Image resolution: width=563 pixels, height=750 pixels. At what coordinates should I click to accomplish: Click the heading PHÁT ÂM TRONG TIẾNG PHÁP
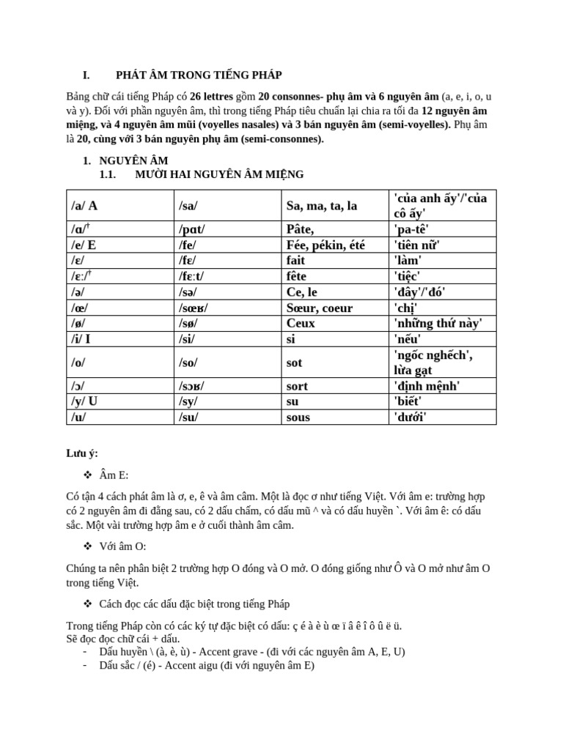pyautogui.click(x=199, y=75)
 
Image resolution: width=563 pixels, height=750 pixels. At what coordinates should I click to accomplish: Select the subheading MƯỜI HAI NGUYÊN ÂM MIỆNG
pyautogui.click(x=219, y=174)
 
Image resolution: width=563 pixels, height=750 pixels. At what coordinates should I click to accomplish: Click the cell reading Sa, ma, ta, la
pyautogui.click(x=322, y=206)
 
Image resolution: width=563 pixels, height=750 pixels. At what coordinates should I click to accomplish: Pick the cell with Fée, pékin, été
pyautogui.click(x=325, y=245)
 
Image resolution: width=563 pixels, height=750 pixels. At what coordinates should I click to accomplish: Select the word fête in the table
pyautogui.click(x=297, y=275)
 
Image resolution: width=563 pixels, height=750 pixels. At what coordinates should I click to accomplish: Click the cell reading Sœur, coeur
pyautogui.click(x=319, y=308)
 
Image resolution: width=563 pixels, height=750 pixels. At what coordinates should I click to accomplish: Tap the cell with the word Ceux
pyautogui.click(x=301, y=323)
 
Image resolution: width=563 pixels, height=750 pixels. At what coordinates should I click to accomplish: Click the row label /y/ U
pyautogui.click(x=85, y=401)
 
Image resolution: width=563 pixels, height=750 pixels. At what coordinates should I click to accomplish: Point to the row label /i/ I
pyautogui.click(x=81, y=338)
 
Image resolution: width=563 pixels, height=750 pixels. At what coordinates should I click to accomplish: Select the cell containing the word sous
pyautogui.click(x=298, y=417)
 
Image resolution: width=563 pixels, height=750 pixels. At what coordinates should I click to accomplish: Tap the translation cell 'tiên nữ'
pyautogui.click(x=417, y=245)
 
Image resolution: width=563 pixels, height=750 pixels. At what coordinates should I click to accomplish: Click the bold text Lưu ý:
pyautogui.click(x=81, y=454)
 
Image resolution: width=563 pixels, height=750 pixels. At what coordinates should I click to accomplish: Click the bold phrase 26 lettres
pyautogui.click(x=215, y=97)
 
